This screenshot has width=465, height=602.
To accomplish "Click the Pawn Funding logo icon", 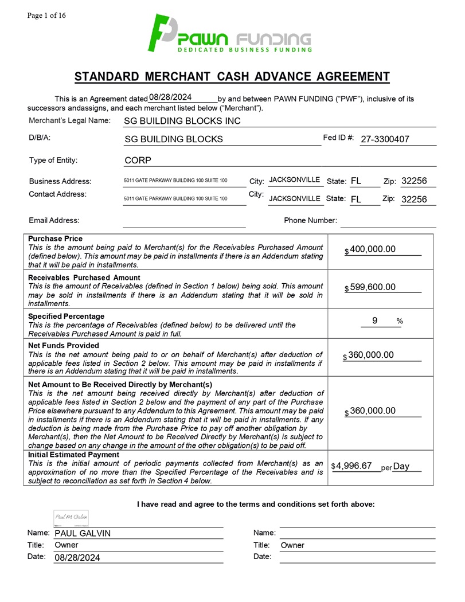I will (162, 33).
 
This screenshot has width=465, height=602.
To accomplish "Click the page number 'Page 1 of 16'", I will (46, 15).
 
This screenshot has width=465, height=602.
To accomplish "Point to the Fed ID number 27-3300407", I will (385, 139).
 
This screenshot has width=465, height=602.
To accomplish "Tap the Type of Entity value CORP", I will (137, 160).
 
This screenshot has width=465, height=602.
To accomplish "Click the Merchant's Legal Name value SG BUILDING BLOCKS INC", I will (182, 121).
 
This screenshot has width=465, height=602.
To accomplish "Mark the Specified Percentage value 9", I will (374, 321).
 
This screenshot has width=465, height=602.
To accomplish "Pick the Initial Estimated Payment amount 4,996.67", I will (354, 466).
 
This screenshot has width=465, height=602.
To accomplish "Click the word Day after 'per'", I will (401, 466).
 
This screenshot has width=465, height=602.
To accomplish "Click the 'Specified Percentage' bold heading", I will (67, 316).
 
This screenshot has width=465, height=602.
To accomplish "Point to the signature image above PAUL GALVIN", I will (71, 518).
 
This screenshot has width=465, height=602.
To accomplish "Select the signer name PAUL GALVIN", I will (83, 534).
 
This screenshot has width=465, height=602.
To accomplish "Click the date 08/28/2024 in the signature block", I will (77, 557).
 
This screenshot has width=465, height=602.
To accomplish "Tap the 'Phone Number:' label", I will (310, 220).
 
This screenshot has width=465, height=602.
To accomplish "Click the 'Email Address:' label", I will (54, 220).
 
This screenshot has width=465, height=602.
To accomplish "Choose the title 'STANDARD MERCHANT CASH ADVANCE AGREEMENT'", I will (232, 77).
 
